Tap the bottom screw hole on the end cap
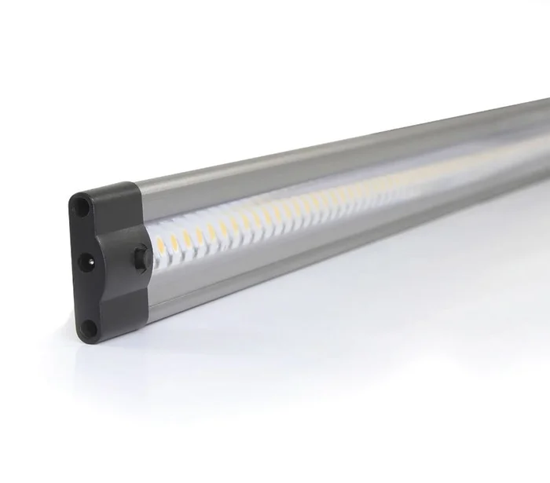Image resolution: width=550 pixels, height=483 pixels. tap(90, 327)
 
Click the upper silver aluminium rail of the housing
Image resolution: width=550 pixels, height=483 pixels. tap(314, 161)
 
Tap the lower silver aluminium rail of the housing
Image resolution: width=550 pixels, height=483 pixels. tap(314, 251)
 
